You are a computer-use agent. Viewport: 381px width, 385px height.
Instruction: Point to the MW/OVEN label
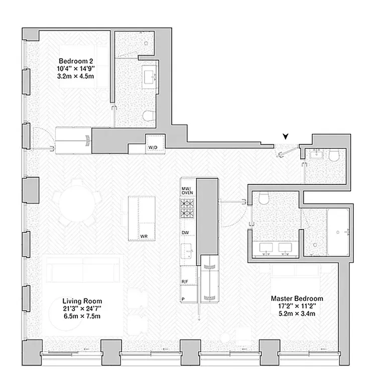[187, 190]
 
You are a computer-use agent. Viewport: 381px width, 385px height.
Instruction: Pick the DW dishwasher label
[185, 233]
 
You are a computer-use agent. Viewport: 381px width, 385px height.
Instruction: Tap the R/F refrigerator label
[184, 282]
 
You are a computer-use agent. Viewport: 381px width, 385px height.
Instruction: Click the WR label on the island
[143, 235]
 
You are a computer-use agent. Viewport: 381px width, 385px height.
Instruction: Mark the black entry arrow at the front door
[286, 136]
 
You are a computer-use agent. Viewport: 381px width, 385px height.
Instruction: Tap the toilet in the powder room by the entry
[334, 156]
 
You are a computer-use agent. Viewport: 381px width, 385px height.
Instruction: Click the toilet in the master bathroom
[264, 199]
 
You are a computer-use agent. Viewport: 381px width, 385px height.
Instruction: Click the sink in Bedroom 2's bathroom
[150, 76]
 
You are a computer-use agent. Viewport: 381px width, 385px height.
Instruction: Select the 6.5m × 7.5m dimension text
[82, 316]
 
